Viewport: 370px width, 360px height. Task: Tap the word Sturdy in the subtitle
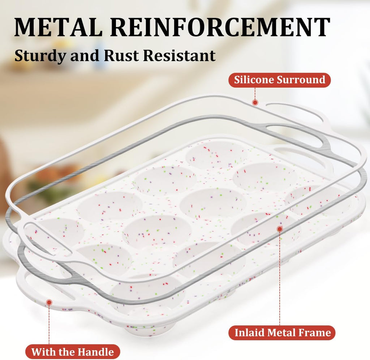point(40,56)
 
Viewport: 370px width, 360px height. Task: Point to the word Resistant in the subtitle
point(179,56)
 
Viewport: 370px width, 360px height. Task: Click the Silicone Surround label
point(280,80)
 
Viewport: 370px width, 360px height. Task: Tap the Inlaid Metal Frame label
point(282,333)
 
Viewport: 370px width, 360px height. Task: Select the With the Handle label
point(73,352)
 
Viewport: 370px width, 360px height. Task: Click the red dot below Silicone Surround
point(255,102)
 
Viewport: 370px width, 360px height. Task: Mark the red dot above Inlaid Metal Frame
point(280,229)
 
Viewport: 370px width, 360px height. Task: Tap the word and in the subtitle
point(85,56)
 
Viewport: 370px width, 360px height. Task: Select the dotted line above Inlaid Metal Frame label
point(280,279)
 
